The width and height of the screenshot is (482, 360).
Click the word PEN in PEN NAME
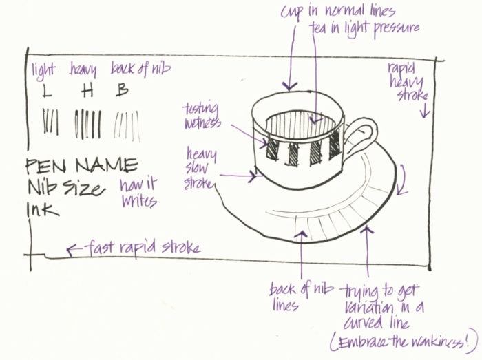point(46,165)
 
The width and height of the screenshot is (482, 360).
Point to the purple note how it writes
point(138,193)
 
